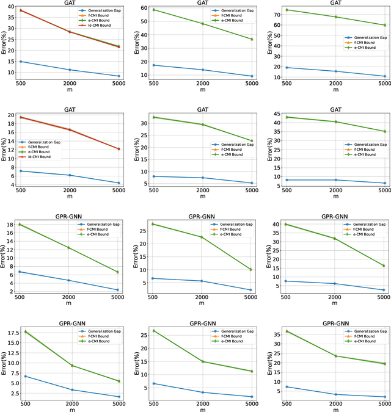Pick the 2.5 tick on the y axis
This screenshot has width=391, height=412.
15,394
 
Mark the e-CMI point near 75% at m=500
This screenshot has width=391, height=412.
287,10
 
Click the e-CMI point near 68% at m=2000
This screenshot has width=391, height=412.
335,16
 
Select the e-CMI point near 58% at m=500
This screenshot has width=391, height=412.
154,10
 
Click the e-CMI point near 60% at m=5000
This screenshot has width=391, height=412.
384,25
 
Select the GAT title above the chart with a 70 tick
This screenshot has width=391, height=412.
335,3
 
